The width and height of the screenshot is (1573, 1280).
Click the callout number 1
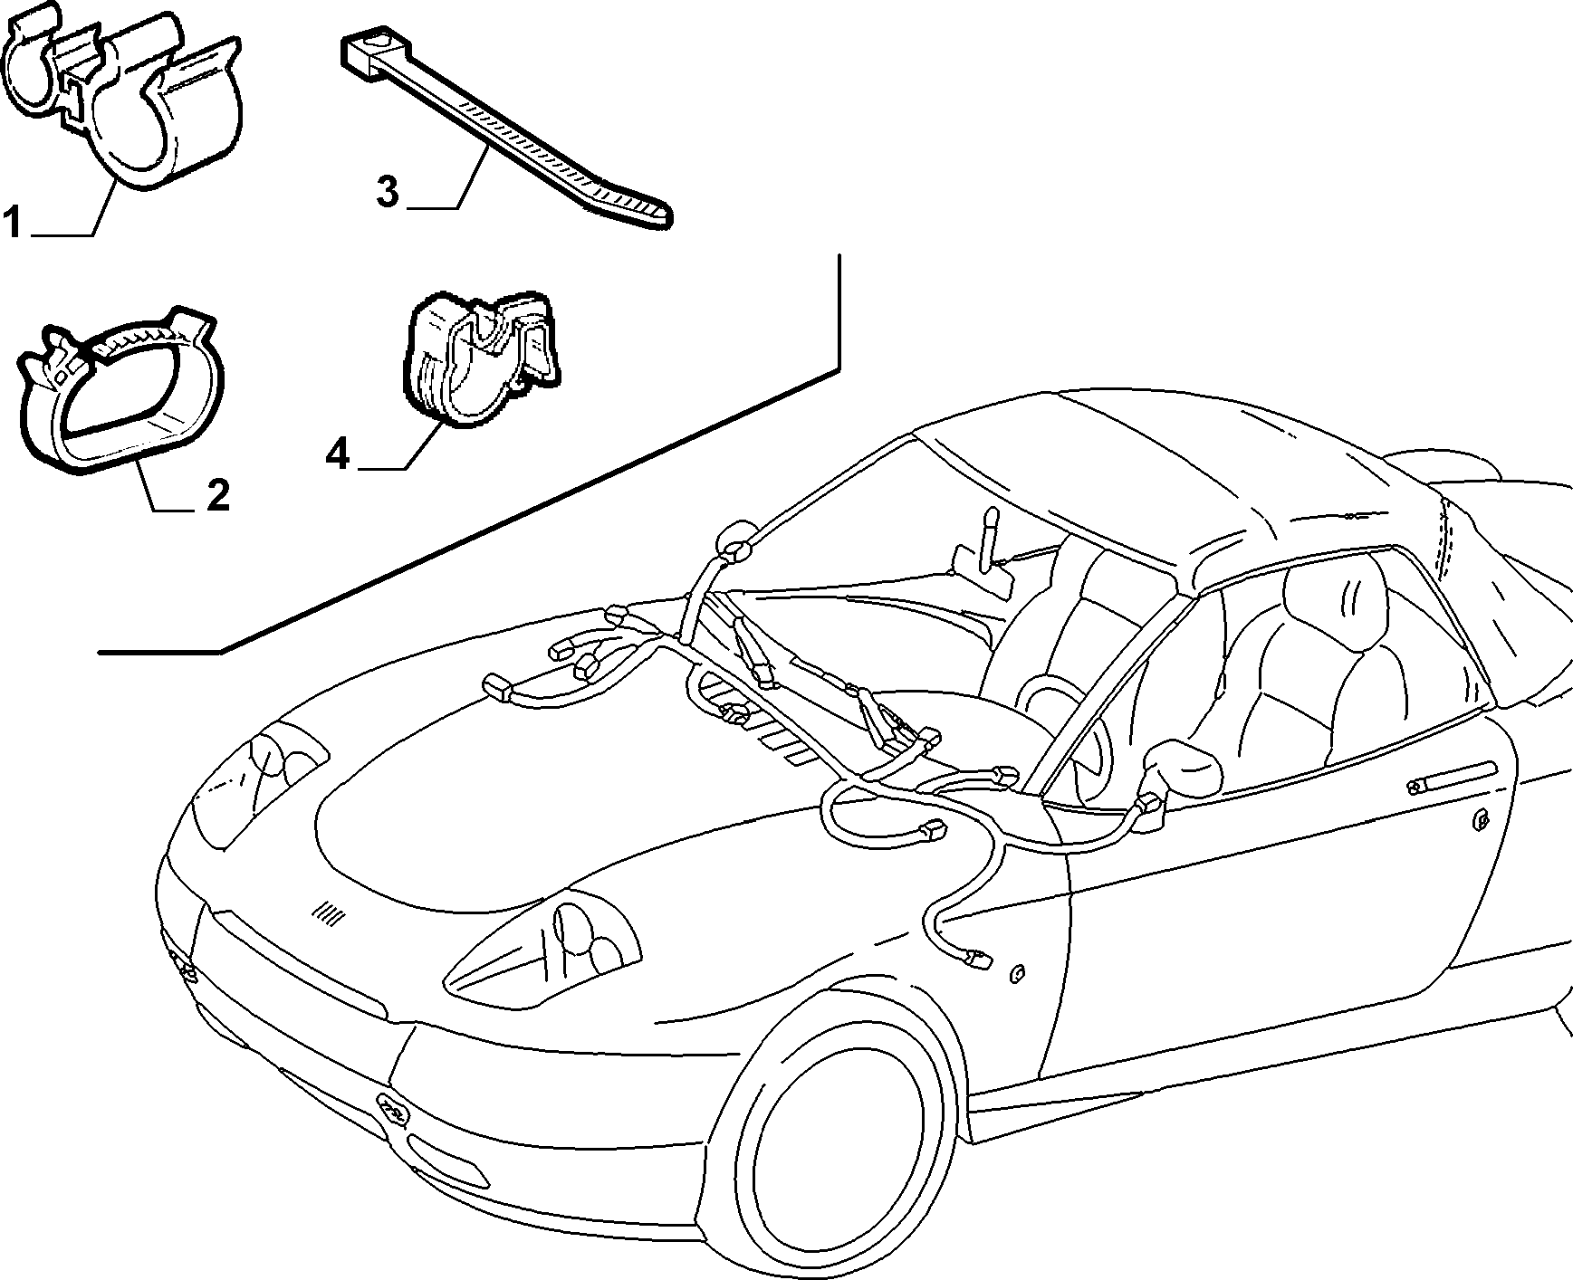click(x=12, y=222)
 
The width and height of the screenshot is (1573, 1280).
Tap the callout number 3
click(x=387, y=192)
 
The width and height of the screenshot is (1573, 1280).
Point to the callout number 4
click(x=338, y=454)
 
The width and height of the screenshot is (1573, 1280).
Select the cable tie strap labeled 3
click(x=506, y=127)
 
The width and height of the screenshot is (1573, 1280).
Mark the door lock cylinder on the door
click(x=1481, y=821)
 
